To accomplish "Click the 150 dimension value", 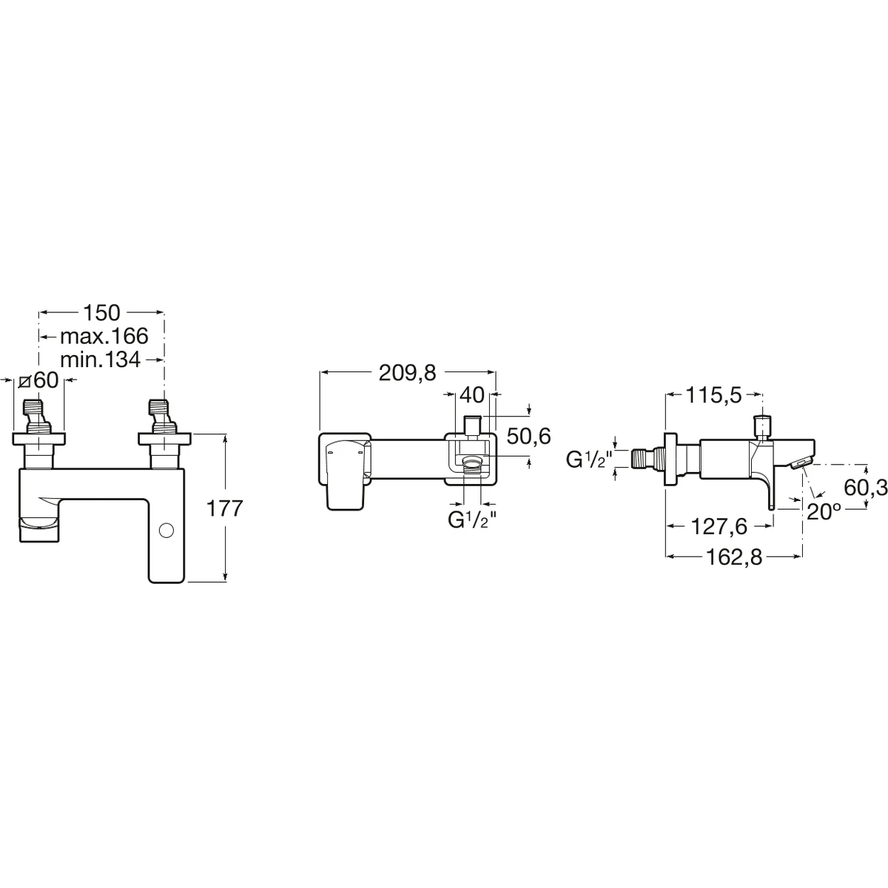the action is point(101,313).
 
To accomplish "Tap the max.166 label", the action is point(104,337).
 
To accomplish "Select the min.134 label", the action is point(100,360).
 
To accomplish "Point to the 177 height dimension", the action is point(224,508).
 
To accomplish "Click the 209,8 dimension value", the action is point(407,373).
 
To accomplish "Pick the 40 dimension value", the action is point(472,395).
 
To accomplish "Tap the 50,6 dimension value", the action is point(528,436).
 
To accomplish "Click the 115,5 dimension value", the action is point(714,395).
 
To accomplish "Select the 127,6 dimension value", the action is point(719,527).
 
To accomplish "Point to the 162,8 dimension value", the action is point(735,558).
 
